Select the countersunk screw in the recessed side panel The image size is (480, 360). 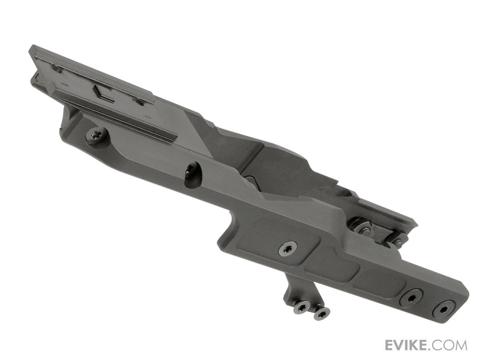click(287, 248)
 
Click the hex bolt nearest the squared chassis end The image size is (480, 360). click(444, 310)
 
